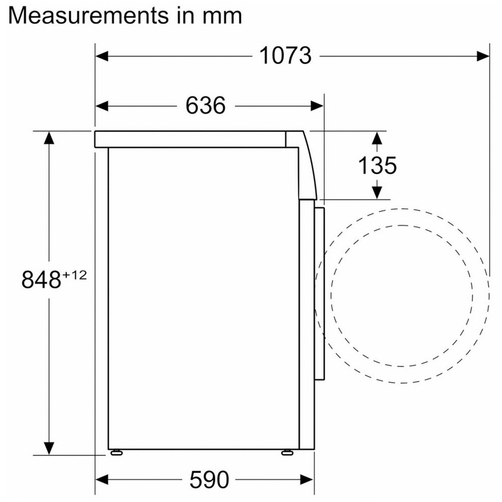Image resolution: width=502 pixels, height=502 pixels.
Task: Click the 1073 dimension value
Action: point(285,56)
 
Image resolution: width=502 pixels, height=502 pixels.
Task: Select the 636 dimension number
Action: point(205,105)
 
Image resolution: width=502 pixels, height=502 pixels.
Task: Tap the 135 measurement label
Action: point(377,165)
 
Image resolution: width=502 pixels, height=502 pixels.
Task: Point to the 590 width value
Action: point(209,479)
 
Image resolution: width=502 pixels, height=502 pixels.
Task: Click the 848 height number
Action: point(41,279)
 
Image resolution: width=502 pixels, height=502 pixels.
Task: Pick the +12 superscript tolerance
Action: point(74,275)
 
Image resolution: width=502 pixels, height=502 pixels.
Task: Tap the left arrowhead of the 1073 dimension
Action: point(102,56)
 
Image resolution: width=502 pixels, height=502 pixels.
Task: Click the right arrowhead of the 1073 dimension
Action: point(483,56)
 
